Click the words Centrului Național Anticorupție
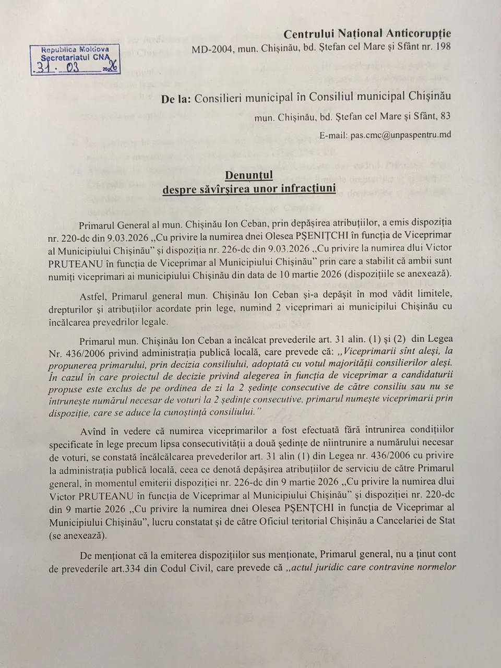pos(367,34)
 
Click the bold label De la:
pos(176,98)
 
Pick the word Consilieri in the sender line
pos(218,98)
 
